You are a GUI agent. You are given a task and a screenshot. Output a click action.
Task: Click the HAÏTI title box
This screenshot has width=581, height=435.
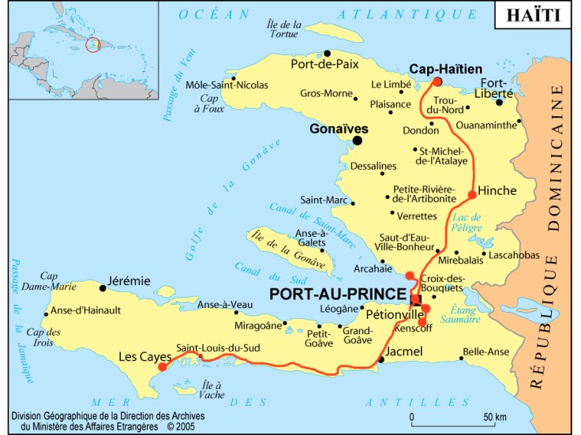pyautogui.click(x=534, y=15)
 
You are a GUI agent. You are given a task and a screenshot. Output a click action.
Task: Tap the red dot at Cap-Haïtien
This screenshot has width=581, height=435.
pyautogui.click(x=437, y=81)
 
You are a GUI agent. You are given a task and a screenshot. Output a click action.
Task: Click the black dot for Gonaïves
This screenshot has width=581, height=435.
pyautogui.click(x=357, y=141)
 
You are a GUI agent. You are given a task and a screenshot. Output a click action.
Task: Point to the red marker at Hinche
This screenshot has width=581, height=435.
pyautogui.click(x=472, y=194)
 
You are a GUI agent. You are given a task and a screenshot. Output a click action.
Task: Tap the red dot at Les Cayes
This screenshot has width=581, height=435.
pyautogui.click(x=162, y=366)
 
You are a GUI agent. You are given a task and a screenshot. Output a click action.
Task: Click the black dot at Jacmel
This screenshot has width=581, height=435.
pyautogui.click(x=381, y=359)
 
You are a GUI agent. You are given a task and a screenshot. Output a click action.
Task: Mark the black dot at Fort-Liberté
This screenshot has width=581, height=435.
pyautogui.click(x=500, y=102)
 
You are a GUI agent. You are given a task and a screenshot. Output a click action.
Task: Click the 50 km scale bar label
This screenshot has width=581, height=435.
pyautogui.click(x=494, y=417)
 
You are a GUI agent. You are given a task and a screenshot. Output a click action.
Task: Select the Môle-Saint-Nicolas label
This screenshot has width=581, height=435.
pyautogui.click(x=227, y=85)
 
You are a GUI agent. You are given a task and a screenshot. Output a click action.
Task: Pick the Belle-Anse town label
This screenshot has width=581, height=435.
pyautogui.click(x=485, y=352)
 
